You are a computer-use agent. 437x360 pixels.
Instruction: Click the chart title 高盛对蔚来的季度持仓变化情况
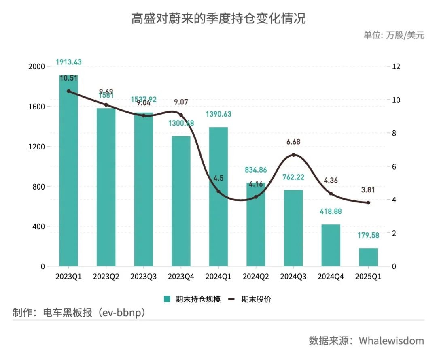[218, 19]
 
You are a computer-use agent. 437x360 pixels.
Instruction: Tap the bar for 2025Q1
[368, 258]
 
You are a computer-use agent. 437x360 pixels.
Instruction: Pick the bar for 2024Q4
[331, 245]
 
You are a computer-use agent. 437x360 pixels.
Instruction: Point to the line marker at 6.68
[293, 155]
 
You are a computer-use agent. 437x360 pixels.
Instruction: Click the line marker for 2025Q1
[368, 203]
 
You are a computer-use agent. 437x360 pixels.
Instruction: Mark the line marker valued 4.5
[218, 191]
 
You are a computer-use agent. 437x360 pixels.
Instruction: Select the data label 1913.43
[68, 62]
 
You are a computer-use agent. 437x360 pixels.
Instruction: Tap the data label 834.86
[256, 170]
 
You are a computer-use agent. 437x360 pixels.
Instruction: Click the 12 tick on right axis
[396, 67]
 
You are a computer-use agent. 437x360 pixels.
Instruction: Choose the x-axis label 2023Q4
[181, 277]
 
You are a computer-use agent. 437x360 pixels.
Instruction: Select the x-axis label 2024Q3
[293, 277]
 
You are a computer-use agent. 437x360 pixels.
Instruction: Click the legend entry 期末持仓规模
[192, 300]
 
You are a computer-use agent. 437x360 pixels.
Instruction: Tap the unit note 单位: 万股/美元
[393, 35]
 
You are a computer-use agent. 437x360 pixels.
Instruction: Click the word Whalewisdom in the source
[391, 340]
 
